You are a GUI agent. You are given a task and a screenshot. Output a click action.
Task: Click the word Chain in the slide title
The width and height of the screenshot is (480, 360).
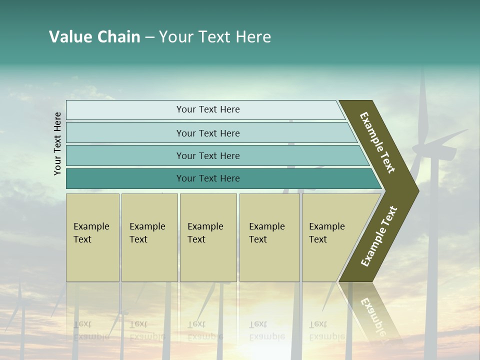pos(118,37)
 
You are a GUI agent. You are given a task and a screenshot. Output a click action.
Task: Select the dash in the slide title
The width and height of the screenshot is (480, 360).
pos(149,37)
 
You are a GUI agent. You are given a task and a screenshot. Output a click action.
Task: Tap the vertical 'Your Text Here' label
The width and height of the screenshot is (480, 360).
pos(57,144)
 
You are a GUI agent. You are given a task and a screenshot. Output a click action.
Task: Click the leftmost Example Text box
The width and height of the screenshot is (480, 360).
pos(92,237)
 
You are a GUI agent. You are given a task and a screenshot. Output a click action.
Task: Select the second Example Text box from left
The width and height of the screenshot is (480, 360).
pos(149,237)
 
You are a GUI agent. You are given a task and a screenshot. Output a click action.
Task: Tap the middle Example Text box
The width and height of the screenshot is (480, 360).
pos(208,237)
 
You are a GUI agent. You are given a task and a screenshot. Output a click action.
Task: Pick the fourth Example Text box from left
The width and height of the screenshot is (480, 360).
pos(269,237)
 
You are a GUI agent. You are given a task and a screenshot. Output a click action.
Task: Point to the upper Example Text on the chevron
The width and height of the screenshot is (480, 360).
pos(378,142)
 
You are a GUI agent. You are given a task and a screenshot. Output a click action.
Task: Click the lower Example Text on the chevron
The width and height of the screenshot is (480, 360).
pos(379,236)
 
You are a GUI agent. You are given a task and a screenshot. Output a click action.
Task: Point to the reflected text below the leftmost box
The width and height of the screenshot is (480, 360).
pos(91,330)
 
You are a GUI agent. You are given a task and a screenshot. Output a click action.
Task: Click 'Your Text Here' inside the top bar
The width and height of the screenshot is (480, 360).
pos(208,109)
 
